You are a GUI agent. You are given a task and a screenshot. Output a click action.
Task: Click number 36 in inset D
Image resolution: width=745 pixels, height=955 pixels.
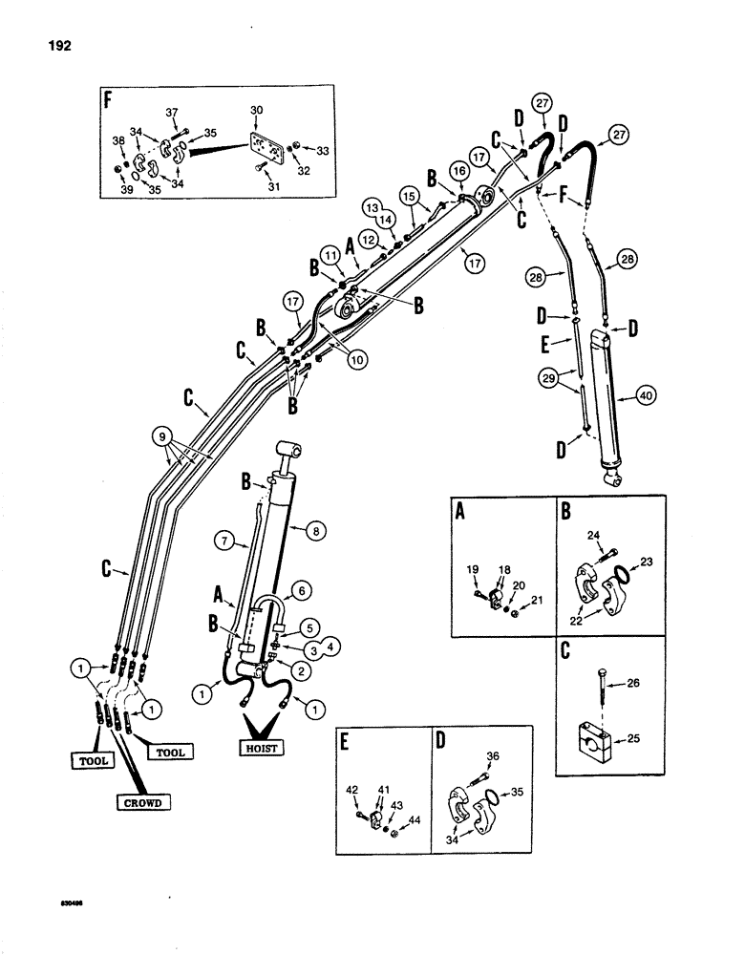click(492, 757)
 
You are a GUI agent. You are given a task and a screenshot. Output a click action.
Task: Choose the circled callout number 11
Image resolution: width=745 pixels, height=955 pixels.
click(330, 257)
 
